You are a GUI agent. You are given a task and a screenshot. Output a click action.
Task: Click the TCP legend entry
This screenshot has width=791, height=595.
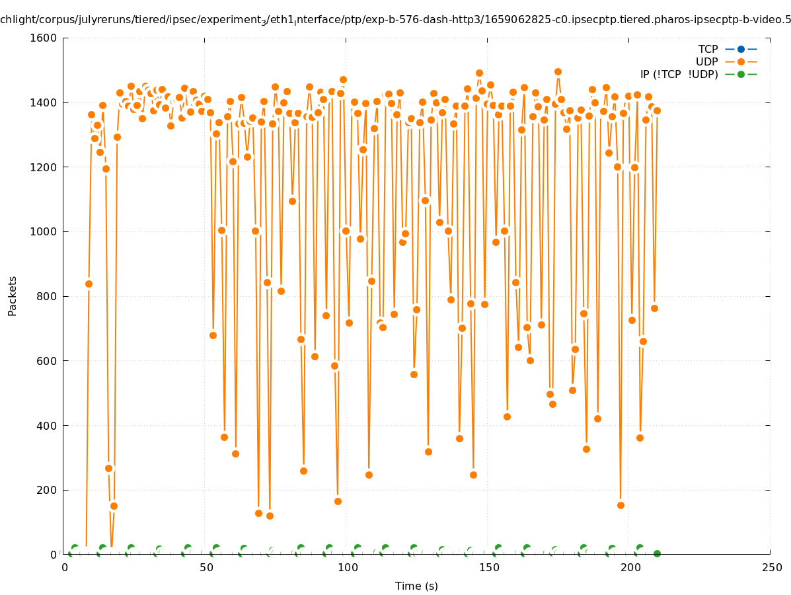click(x=708, y=49)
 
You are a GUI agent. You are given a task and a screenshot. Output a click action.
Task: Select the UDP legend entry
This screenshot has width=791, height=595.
click(x=706, y=61)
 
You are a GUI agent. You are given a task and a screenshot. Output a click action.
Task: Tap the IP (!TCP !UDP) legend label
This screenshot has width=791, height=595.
click(x=679, y=74)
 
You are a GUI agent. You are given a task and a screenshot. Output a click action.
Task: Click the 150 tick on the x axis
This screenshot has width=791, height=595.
click(x=487, y=568)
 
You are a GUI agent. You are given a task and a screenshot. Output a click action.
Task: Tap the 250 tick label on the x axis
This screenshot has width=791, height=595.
click(x=770, y=568)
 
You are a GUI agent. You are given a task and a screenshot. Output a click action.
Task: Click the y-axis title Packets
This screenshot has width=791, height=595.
click(x=13, y=296)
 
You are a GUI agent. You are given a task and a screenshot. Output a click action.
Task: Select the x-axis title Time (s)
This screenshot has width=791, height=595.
click(x=416, y=586)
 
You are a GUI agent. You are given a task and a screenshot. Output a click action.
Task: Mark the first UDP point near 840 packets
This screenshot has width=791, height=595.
click(x=89, y=284)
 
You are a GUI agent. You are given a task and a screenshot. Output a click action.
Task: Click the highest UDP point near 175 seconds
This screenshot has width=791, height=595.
click(x=558, y=71)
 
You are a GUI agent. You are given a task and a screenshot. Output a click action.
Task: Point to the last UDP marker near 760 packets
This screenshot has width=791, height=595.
click(x=654, y=308)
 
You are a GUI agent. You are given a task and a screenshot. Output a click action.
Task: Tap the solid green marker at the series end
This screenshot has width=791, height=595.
click(x=657, y=553)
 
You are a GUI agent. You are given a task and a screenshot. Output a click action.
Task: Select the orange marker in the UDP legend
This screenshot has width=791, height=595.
click(x=741, y=61)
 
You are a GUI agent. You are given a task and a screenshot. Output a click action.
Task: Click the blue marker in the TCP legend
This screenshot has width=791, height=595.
click(x=741, y=49)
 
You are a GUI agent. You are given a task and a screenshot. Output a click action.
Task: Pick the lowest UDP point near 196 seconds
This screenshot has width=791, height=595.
click(x=621, y=505)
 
